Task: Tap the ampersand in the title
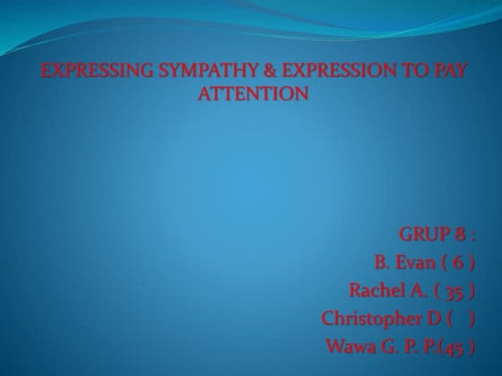(x=243, y=71)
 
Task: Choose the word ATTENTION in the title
(x=252, y=92)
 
